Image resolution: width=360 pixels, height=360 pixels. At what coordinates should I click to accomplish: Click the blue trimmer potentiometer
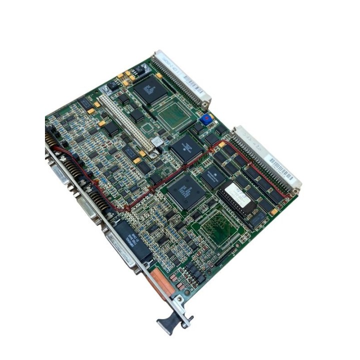point(204,119)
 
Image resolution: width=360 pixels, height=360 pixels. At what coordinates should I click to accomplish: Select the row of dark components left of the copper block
point(192,273)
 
